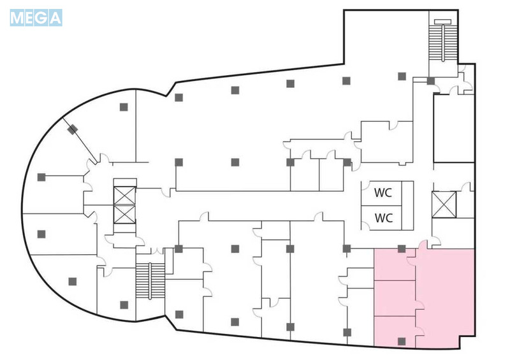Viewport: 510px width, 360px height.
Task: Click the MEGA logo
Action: [x=36, y=18]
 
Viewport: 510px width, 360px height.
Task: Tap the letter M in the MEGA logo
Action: [x=17, y=18]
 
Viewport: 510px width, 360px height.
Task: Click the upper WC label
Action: [x=383, y=192]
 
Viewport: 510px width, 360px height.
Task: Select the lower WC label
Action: [x=384, y=217]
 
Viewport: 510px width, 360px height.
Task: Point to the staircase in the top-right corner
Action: [x=442, y=40]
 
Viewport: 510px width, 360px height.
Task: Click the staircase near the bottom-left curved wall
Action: [x=150, y=280]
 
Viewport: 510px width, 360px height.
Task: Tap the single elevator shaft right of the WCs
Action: [x=444, y=205]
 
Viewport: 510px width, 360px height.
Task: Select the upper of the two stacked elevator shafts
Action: [x=124, y=196]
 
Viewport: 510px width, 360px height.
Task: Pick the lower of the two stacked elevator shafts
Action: [x=124, y=214]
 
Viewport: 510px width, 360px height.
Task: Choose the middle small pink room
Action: [x=395, y=298]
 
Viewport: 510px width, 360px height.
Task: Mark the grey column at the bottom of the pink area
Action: [x=402, y=341]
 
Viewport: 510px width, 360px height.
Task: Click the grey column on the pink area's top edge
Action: [x=402, y=248]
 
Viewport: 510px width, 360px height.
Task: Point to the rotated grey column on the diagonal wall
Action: [x=73, y=129]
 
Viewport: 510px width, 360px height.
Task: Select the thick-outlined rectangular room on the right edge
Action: [x=454, y=128]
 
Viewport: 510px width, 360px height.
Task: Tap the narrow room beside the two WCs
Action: [x=407, y=206]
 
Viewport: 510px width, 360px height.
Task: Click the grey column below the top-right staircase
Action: [x=431, y=81]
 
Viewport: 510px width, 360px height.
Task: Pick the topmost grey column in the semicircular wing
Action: [x=124, y=106]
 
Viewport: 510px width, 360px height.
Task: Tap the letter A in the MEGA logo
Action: [x=55, y=18]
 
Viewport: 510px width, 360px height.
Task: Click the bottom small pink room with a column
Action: [x=395, y=331]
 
